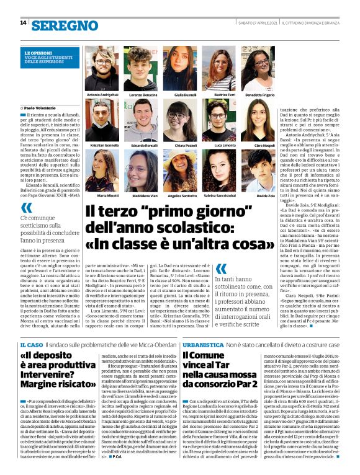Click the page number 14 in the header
tap(23, 23)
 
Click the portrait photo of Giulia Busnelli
tap(179, 68)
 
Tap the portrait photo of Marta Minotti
tap(102, 171)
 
